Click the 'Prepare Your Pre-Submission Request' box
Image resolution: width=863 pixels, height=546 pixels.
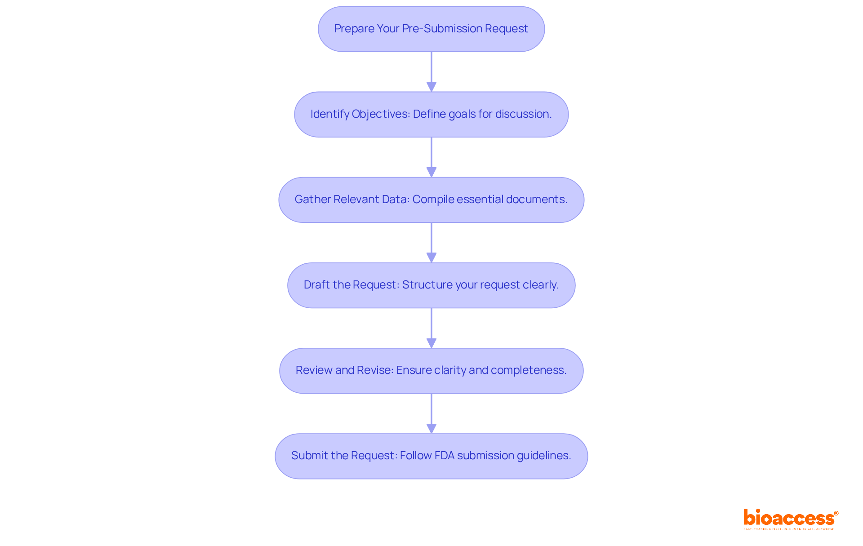[x=431, y=29]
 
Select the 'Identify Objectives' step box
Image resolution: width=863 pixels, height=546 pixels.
[x=431, y=114]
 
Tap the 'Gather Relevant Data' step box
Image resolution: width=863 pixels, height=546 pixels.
[x=431, y=200]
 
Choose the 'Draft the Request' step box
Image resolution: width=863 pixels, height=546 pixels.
[x=431, y=285]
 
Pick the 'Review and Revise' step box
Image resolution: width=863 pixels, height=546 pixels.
[x=431, y=370]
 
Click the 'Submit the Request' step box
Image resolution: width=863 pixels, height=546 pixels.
[x=431, y=456]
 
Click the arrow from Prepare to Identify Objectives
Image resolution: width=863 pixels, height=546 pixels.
[x=431, y=71]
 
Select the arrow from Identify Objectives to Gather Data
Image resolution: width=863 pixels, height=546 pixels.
[x=431, y=157]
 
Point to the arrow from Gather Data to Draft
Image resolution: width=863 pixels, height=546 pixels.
[x=431, y=242]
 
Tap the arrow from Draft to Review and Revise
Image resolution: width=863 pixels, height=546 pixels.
[x=431, y=328]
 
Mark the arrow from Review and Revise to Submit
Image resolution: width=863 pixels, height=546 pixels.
[x=431, y=413]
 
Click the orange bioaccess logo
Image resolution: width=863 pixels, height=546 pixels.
[x=789, y=518]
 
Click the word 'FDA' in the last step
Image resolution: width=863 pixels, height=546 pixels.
[x=445, y=456]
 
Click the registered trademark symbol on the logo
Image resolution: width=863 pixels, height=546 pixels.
[x=836, y=513]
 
